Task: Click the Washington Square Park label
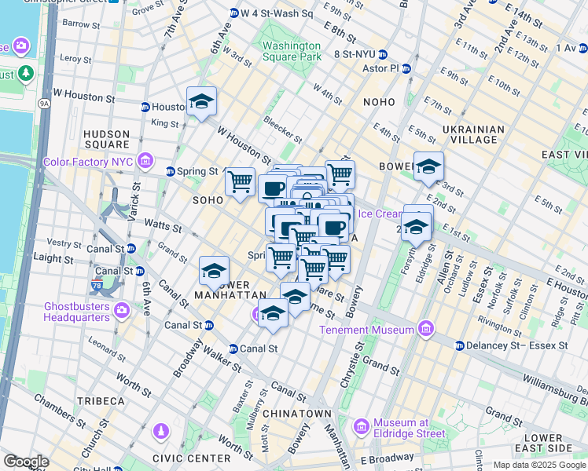[x=292, y=51]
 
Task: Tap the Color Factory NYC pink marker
[x=145, y=162]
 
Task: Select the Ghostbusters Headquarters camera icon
[x=122, y=310]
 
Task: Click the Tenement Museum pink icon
[x=426, y=327]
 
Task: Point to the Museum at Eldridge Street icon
[x=362, y=427]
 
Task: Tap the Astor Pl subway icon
[x=406, y=68]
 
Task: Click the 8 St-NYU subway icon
[x=382, y=54]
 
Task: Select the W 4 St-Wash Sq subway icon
[x=233, y=13]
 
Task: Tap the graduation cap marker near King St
[x=201, y=102]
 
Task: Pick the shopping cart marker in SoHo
[x=240, y=181]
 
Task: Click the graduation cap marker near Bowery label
[x=428, y=167]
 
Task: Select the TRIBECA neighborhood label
[x=101, y=401]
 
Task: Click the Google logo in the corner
[x=26, y=461]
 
